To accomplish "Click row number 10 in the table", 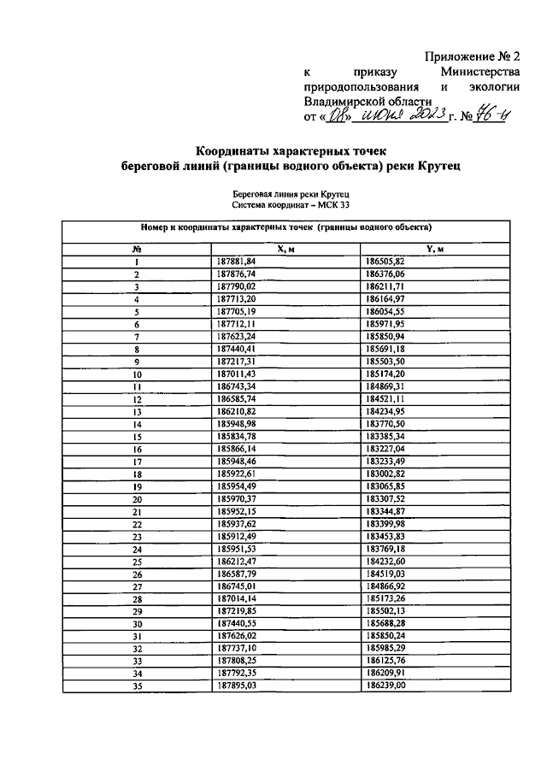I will tap(136, 374).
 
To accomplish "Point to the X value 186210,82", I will tap(237, 411).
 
